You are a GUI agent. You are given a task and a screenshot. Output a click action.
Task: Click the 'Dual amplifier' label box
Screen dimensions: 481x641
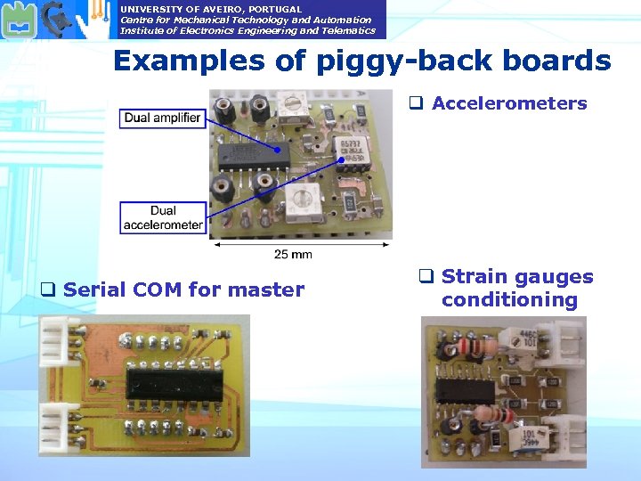[x=162, y=118]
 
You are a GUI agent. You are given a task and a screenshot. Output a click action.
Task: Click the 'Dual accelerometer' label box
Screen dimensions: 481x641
[x=163, y=217]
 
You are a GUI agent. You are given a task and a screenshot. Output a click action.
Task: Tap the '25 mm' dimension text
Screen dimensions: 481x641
[x=293, y=254]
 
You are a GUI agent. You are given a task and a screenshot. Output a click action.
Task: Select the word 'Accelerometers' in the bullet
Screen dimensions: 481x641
[x=509, y=103]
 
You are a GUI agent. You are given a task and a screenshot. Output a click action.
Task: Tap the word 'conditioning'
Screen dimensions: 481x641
[x=509, y=300]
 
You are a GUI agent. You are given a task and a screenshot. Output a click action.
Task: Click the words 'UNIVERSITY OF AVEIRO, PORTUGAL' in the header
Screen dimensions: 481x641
[x=211, y=9]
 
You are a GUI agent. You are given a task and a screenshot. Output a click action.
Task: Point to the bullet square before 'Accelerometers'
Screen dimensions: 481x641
[x=415, y=103]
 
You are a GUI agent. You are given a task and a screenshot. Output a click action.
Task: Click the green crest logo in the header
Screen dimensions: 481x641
[x=17, y=19]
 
